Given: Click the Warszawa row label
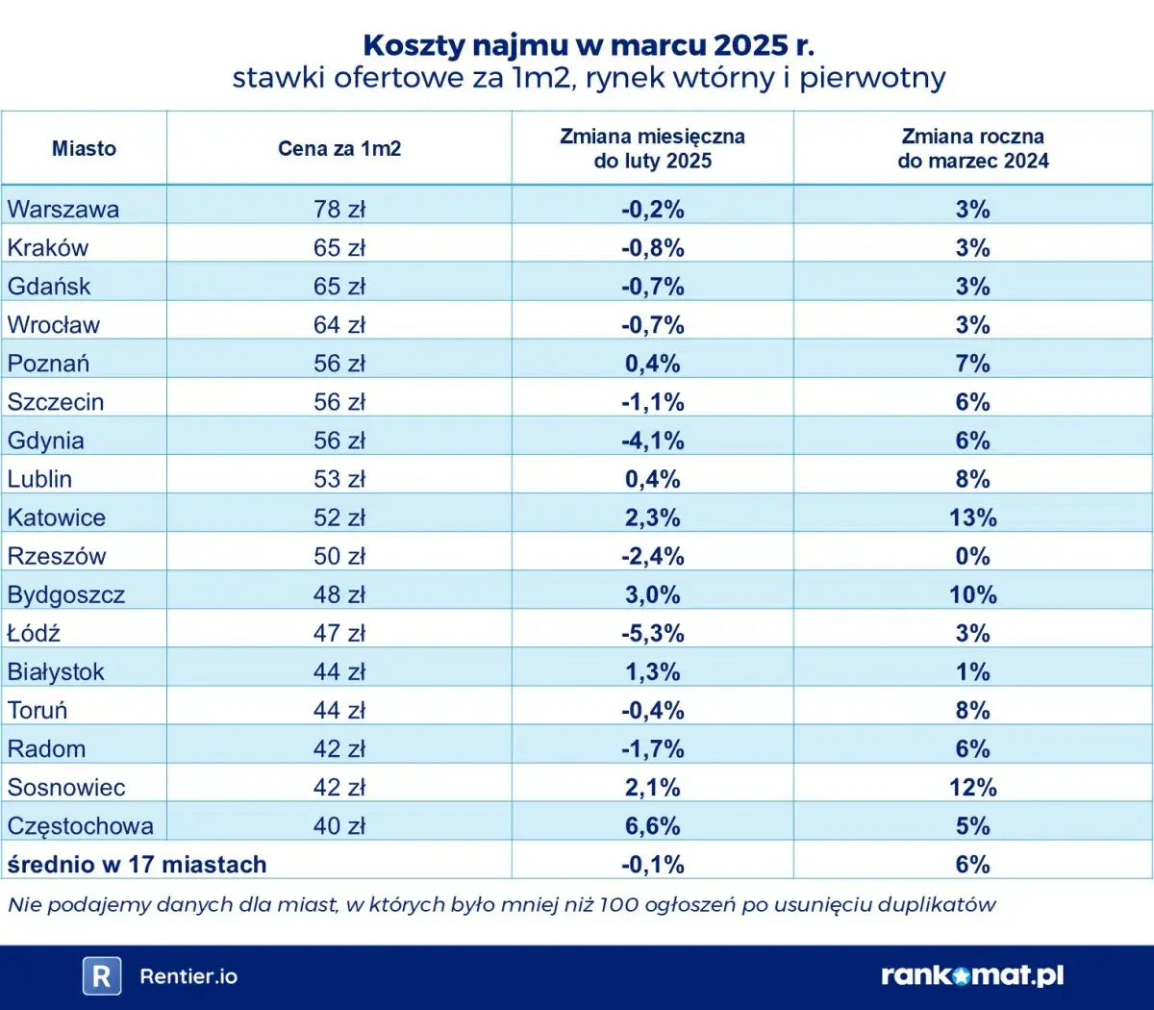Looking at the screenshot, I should [x=63, y=210].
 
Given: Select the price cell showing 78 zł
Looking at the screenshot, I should [x=339, y=210].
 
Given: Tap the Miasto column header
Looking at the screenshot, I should [x=84, y=148].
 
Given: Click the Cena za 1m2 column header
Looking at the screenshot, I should [x=339, y=148].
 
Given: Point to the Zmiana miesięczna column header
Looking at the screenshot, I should [x=652, y=148].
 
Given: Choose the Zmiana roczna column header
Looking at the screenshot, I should [x=972, y=148].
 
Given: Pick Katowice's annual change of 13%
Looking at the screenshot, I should [x=972, y=518].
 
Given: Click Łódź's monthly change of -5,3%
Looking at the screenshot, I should [x=652, y=633].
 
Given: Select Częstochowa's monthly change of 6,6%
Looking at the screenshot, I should [x=652, y=825].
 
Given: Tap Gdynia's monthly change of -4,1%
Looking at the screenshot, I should [x=652, y=441].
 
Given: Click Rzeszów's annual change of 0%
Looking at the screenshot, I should [x=972, y=556].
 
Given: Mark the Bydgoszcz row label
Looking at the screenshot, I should [x=66, y=594].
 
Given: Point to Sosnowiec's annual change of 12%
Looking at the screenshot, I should [x=972, y=787].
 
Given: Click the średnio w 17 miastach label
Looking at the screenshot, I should [x=137, y=864].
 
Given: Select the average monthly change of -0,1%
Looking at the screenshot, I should [x=652, y=864].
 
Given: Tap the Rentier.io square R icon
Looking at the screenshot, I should [x=101, y=976].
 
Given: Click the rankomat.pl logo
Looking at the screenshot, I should [x=972, y=975].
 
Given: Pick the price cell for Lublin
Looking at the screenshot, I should [x=339, y=479].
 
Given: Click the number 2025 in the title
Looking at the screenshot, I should [x=750, y=45].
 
